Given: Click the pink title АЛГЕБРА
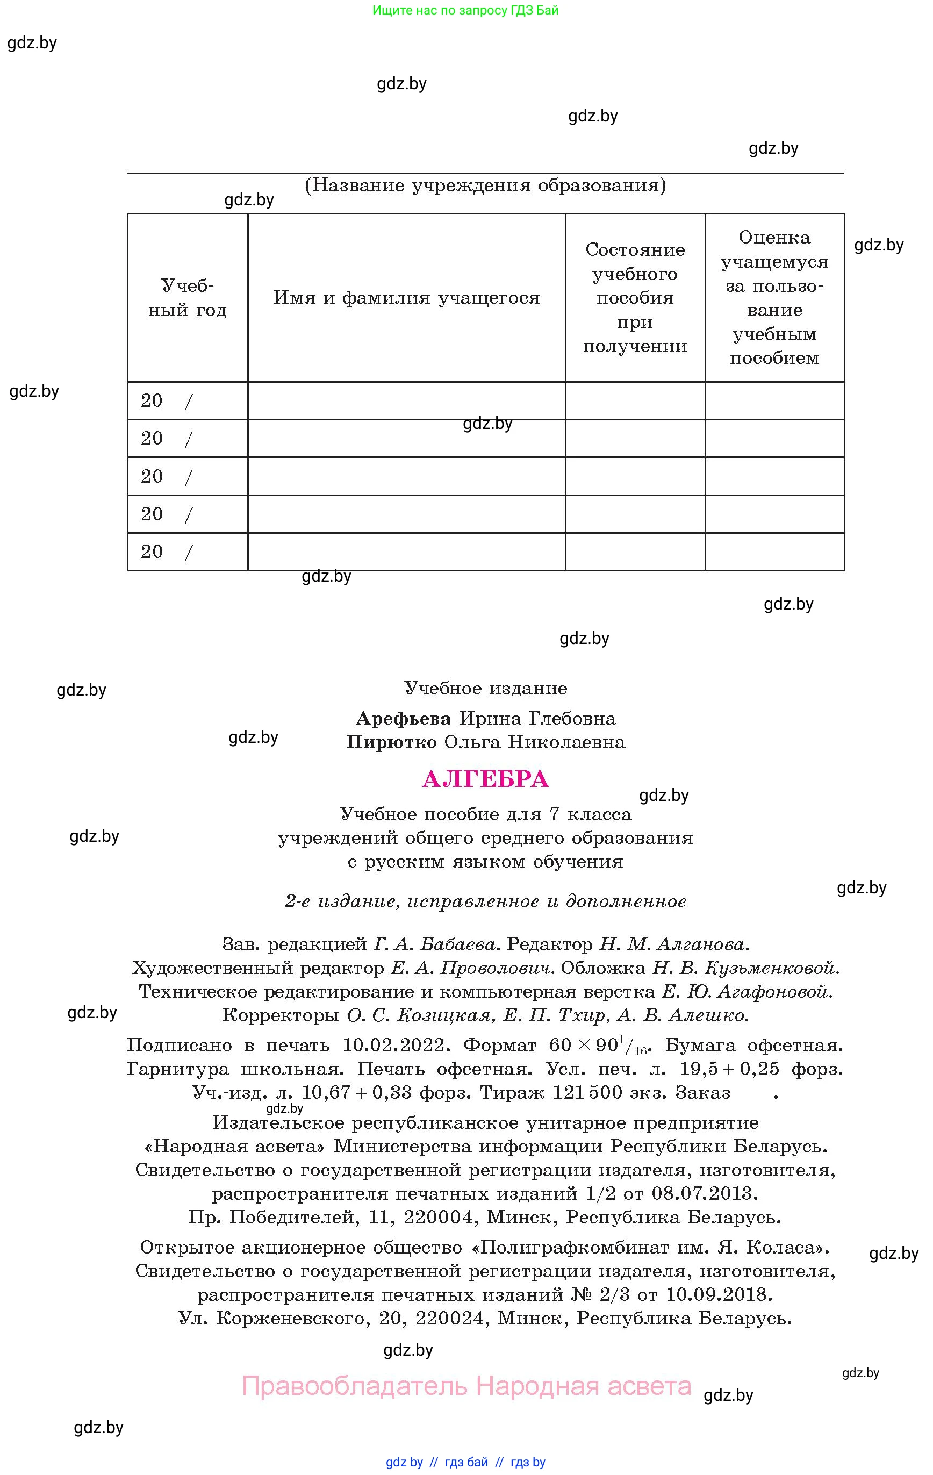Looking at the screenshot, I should (x=485, y=779).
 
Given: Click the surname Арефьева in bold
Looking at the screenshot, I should (x=403, y=718).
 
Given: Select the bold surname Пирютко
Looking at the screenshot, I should (x=391, y=742).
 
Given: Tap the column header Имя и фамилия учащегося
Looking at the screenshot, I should (x=406, y=298).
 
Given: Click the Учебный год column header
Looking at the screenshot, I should (x=188, y=298).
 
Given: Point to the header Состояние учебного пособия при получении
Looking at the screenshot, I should (x=635, y=298).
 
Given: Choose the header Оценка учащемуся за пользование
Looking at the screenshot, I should (x=774, y=298).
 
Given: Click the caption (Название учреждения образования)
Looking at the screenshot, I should (x=485, y=185).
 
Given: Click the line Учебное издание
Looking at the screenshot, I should (x=485, y=689).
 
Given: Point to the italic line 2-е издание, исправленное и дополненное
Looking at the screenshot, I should (x=485, y=901).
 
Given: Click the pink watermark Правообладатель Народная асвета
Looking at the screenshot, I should (x=467, y=1386).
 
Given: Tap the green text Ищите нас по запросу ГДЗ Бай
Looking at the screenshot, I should (x=465, y=10).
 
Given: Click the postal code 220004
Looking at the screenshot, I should (x=439, y=1217).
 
